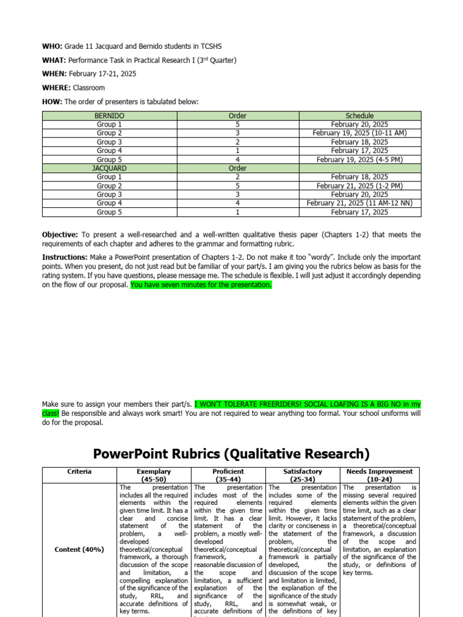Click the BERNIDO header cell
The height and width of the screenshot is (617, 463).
coord(109,116)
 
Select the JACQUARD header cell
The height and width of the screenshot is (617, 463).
coord(109,168)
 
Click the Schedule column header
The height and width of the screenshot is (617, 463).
coord(359,116)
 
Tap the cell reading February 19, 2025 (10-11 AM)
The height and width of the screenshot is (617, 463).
coord(359,133)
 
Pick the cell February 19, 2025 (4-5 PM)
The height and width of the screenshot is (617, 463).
coord(359,160)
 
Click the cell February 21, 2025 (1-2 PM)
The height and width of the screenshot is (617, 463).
coord(359,186)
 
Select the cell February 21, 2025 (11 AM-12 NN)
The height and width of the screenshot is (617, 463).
coord(359,204)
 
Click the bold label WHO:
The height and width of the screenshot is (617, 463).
coord(52,46)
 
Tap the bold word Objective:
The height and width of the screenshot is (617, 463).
coord(60,234)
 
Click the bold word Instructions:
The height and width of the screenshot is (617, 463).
coord(64,257)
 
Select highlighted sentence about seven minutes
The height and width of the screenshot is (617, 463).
coord(201,285)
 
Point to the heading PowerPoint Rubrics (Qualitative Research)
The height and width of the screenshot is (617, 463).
coord(231,453)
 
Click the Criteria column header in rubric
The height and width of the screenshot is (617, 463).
coord(80,472)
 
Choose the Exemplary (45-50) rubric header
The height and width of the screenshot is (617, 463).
coord(154,475)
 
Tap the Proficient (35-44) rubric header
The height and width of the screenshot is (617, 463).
coord(228,475)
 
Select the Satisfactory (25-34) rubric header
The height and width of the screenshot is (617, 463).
coord(303,475)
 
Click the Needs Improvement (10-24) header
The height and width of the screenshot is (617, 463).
coord(380,475)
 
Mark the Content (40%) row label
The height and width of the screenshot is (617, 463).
coord(80,550)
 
